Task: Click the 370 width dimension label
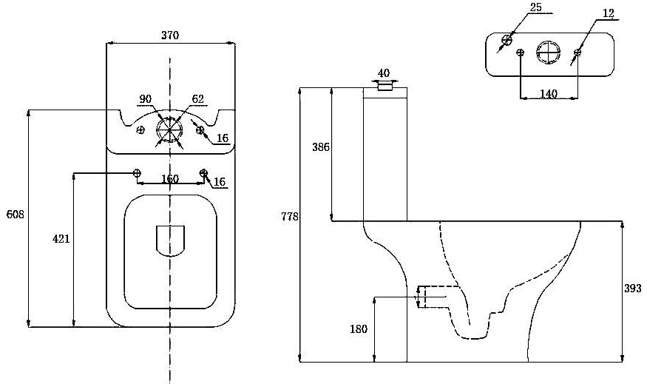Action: [x=169, y=35]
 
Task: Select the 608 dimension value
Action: [x=16, y=215]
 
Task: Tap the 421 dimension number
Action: [x=61, y=238]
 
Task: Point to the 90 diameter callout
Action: [x=146, y=98]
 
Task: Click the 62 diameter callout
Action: [x=197, y=98]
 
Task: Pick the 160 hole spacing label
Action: [x=170, y=179]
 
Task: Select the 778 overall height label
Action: [x=289, y=217]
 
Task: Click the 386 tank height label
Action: [x=320, y=147]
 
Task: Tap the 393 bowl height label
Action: [x=632, y=289]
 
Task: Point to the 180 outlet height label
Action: [x=358, y=329]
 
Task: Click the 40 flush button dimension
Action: [x=384, y=73]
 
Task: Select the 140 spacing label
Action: [x=548, y=93]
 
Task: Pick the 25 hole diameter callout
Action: [x=537, y=7]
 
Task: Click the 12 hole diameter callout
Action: [x=609, y=13]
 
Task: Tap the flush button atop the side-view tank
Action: [x=385, y=86]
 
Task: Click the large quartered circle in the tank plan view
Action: [x=548, y=53]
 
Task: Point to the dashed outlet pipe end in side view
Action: [x=421, y=297]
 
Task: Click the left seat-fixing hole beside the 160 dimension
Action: [x=137, y=173]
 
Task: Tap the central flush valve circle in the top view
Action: [x=169, y=130]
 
